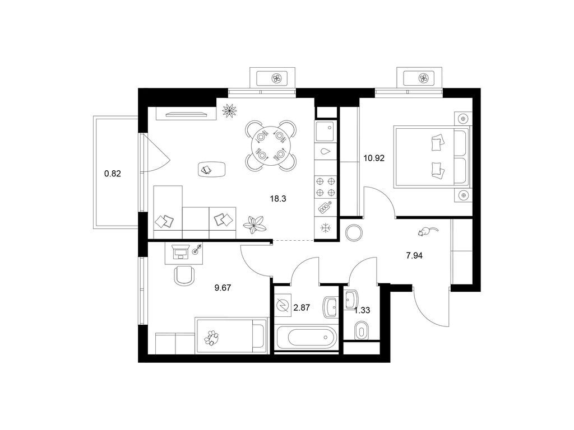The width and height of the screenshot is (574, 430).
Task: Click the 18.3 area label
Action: (x=278, y=199)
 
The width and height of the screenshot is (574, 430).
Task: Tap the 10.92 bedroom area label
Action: (x=374, y=158)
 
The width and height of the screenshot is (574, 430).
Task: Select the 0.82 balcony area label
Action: (x=112, y=174)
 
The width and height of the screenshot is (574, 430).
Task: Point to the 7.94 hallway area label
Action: (x=414, y=255)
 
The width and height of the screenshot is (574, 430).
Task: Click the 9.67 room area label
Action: (x=223, y=288)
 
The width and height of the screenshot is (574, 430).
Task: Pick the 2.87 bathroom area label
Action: (x=302, y=307)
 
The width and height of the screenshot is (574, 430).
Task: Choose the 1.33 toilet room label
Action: (x=362, y=310)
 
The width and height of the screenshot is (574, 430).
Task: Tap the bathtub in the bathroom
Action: (x=306, y=336)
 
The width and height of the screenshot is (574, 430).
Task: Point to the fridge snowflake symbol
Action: (x=325, y=228)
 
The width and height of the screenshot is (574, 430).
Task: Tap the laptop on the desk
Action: (x=180, y=252)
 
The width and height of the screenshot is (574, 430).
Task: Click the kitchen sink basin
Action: (x=325, y=131)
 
